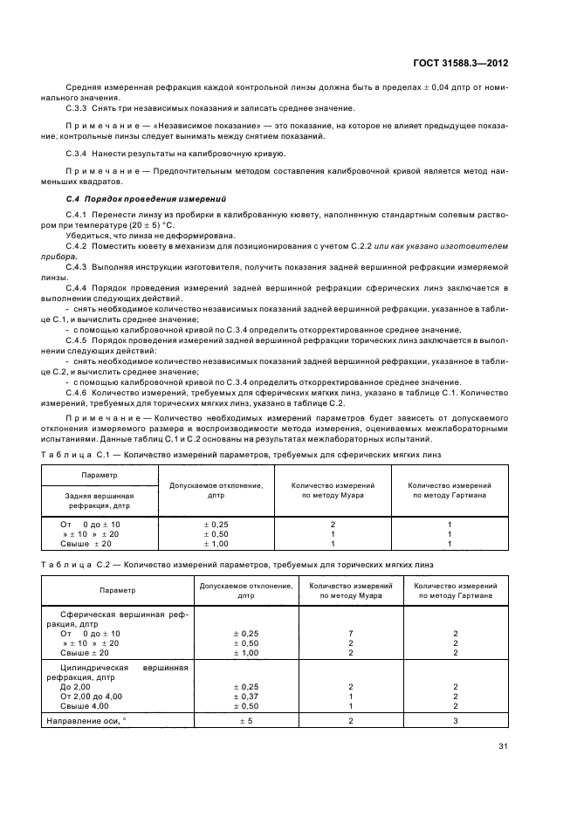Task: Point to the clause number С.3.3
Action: click(x=78, y=108)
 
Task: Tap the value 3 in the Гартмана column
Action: click(x=455, y=721)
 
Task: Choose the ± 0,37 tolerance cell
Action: click(x=246, y=696)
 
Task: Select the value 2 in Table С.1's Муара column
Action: click(x=333, y=524)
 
